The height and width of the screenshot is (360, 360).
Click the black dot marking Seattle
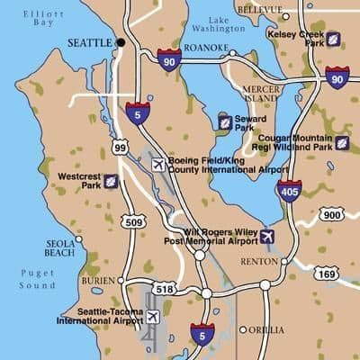(x=121, y=42)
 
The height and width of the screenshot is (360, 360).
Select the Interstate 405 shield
(x=289, y=191)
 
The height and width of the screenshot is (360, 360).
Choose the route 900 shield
(x=331, y=214)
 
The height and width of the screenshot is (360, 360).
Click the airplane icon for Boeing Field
(x=159, y=165)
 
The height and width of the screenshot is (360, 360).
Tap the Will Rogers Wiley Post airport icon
(x=266, y=237)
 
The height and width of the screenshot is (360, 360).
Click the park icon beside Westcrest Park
(x=111, y=182)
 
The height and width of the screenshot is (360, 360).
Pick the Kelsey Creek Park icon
(x=333, y=40)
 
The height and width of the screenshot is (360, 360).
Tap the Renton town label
(x=260, y=261)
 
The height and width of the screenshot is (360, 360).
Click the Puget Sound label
(x=37, y=280)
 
